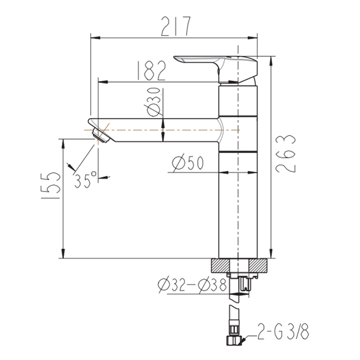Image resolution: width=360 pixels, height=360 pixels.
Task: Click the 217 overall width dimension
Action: pyautogui.click(x=176, y=27)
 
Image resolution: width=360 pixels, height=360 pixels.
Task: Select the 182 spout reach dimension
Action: pyautogui.click(x=151, y=71)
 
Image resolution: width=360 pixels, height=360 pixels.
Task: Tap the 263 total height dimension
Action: pyautogui.click(x=285, y=153)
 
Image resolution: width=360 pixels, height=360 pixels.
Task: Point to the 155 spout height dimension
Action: pyautogui.click(x=51, y=185)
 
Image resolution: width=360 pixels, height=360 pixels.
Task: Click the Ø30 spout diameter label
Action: pyautogui.click(x=153, y=102)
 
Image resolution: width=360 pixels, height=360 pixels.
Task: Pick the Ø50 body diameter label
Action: pyautogui.click(x=188, y=163)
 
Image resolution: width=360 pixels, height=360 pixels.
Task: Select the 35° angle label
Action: pyautogui.click(x=85, y=179)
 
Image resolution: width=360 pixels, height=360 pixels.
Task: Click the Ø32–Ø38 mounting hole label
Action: pyautogui.click(x=193, y=285)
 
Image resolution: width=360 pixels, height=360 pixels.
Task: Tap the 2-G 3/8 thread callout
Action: pyautogui.click(x=283, y=332)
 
